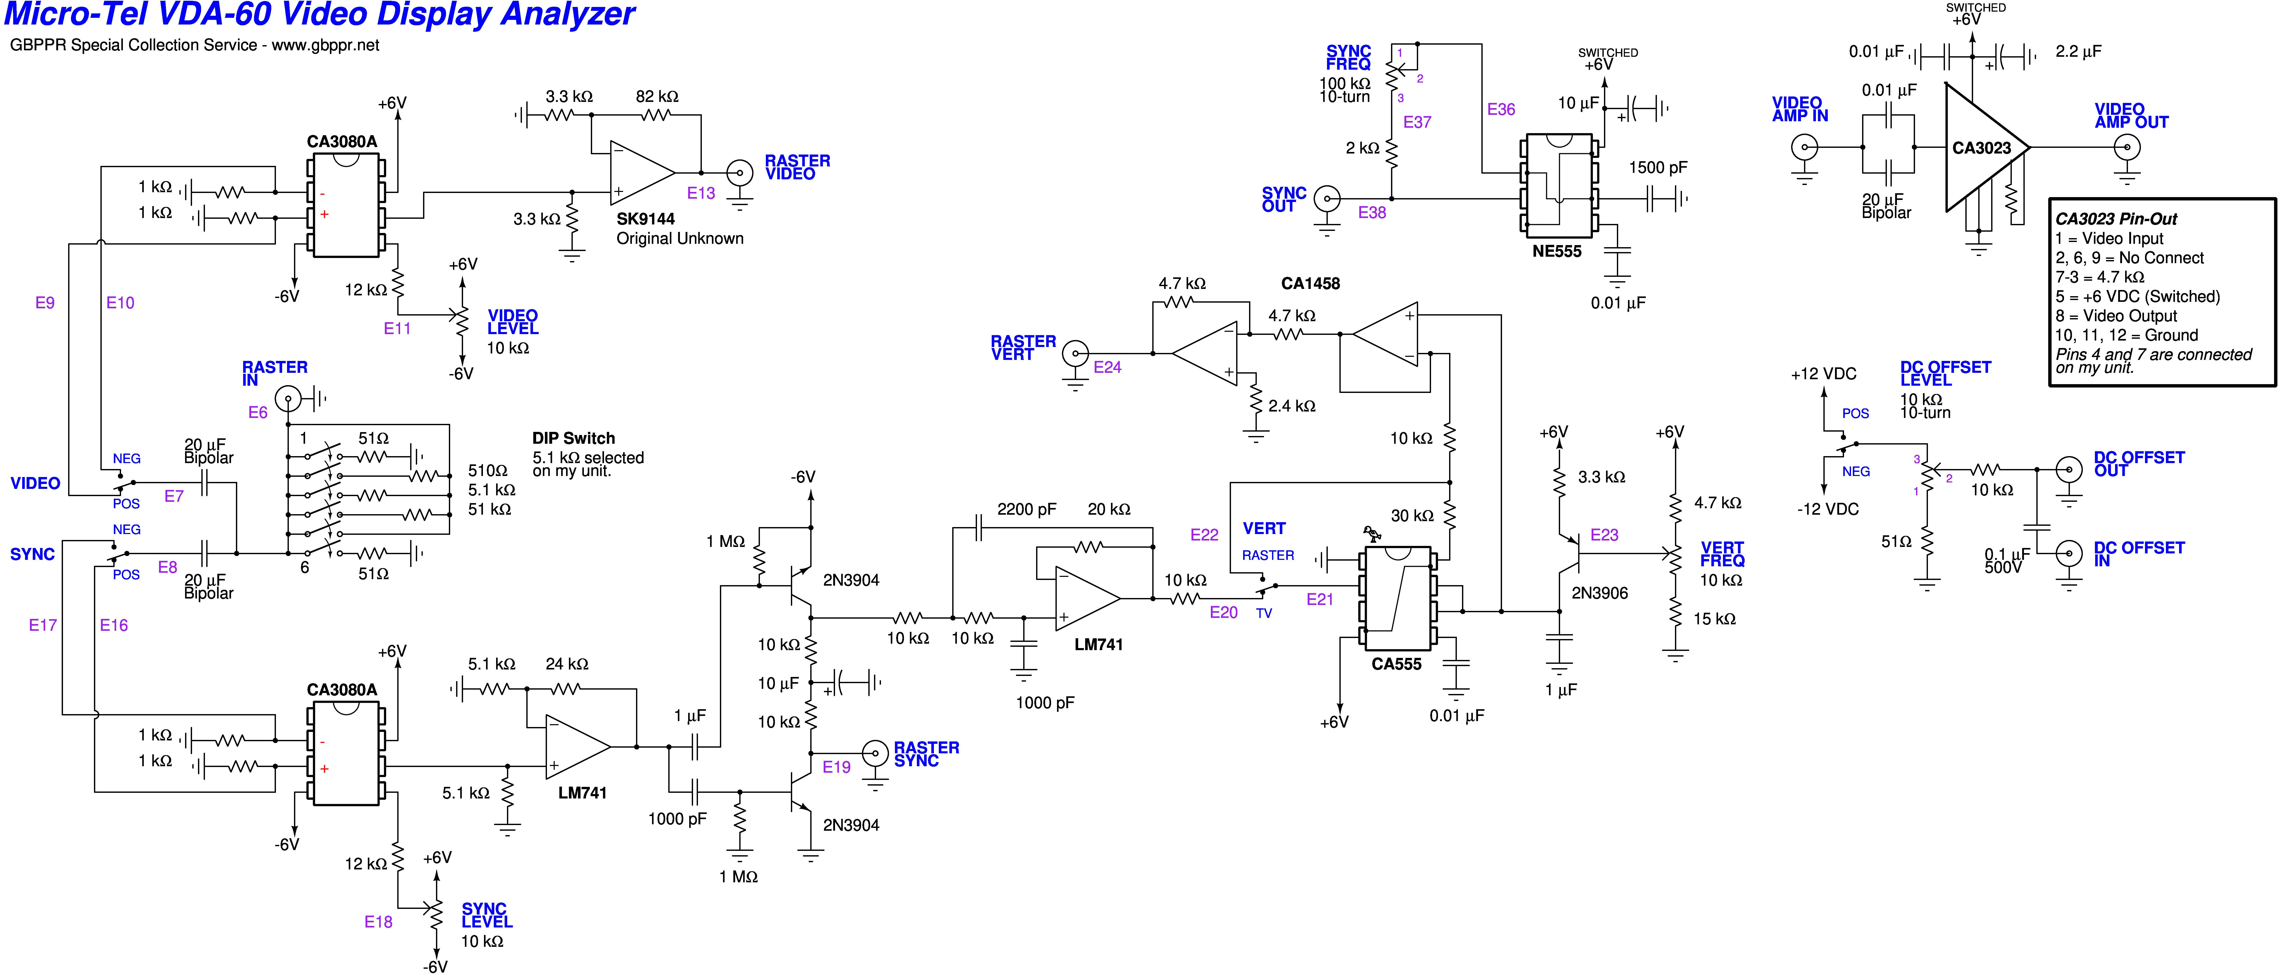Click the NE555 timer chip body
[1558, 186]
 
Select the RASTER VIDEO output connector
[739, 173]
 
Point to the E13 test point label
[701, 193]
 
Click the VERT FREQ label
[1721, 554]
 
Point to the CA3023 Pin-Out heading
[2115, 219]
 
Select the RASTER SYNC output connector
[875, 753]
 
